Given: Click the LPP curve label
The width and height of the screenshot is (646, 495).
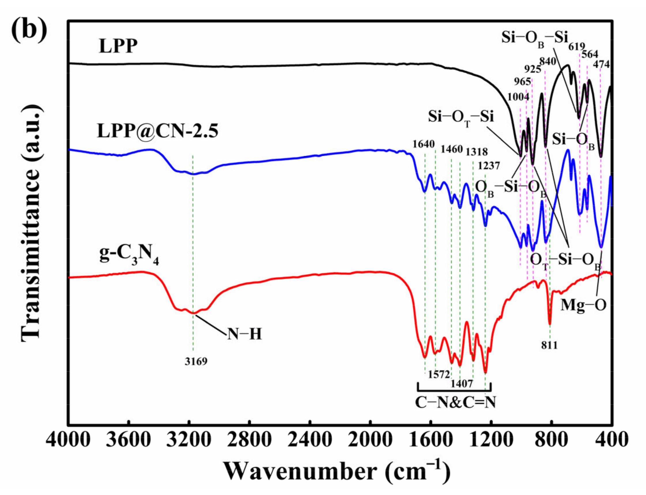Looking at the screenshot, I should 118,46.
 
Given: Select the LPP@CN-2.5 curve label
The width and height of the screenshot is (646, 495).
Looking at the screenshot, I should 158,131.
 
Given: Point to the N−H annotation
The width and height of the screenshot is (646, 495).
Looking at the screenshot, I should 244,334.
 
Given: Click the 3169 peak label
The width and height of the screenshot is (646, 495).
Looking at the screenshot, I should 196,361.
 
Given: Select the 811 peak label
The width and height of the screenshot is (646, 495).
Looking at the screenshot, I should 549,345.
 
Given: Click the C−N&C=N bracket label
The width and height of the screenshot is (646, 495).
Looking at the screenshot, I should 456,402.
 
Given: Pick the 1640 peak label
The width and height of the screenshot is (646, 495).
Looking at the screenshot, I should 423,144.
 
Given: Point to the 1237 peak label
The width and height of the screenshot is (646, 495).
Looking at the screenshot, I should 488,166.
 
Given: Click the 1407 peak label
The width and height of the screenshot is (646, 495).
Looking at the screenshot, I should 462,384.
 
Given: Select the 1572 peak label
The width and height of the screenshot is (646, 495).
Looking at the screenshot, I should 439,374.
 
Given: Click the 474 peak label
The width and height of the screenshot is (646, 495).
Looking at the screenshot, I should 601,64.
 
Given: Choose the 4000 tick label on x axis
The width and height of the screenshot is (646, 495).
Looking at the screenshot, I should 68,440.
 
